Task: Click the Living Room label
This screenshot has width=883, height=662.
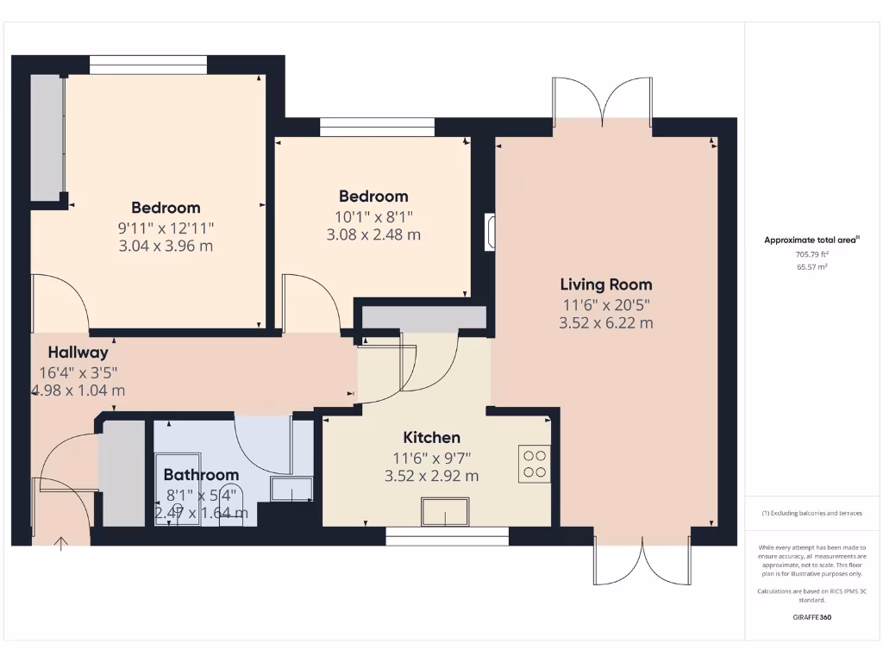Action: point(605,284)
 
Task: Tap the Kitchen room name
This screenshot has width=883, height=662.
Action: point(432,438)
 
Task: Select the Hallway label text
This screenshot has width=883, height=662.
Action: point(78,352)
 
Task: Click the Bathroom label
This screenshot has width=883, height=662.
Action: point(201,475)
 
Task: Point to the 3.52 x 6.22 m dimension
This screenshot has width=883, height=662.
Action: point(605,323)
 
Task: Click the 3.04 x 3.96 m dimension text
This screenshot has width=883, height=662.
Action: point(166,246)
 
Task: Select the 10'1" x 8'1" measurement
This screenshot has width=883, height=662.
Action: point(373,216)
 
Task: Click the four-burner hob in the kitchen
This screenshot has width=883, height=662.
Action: point(535,463)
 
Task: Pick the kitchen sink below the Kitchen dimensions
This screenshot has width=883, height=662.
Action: point(445,513)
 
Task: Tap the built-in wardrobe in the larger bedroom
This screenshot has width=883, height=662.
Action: point(47,137)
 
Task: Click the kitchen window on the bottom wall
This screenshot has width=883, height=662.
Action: point(447,536)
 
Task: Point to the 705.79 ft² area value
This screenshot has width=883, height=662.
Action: point(811,254)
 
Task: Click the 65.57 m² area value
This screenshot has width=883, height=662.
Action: point(811,267)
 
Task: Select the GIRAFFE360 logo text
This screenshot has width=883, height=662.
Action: point(811,617)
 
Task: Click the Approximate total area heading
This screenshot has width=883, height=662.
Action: point(811,240)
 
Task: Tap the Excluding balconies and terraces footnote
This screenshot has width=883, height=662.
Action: point(811,513)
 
